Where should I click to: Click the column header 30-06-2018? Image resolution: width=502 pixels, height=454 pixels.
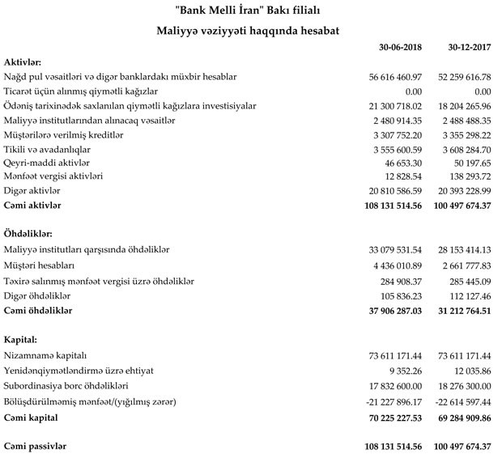[x=396, y=48]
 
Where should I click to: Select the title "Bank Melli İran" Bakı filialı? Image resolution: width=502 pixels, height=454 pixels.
[x=250, y=10]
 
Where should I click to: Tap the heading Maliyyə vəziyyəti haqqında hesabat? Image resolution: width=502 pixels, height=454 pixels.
[x=250, y=30]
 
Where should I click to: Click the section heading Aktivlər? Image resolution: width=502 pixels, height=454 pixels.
[x=23, y=62]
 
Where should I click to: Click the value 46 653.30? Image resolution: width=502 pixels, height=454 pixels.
[x=404, y=163]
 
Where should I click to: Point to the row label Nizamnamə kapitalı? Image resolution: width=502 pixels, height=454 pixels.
[x=45, y=355]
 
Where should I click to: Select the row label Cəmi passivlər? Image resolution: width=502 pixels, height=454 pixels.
[x=36, y=447]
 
